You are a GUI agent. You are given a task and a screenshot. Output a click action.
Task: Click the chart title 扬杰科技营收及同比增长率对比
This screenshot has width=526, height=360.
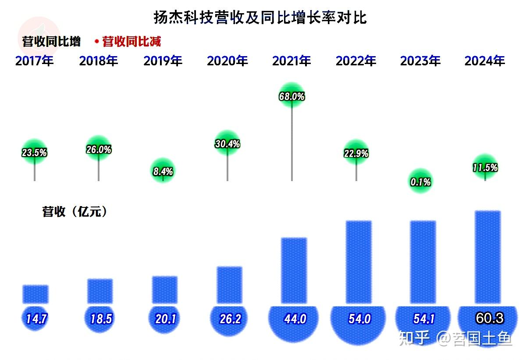(260, 18)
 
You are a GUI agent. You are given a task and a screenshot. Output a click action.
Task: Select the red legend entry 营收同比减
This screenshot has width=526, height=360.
(131, 42)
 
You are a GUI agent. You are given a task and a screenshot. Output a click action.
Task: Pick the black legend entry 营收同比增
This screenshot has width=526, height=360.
(51, 42)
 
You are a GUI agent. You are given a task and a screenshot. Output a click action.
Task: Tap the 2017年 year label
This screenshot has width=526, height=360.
(35, 61)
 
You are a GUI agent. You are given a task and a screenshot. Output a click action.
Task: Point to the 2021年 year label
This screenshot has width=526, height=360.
(291, 61)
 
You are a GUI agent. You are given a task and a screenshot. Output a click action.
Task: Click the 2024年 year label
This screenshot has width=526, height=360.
(485, 61)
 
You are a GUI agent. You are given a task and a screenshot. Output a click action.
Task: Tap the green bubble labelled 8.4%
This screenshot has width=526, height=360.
(163, 171)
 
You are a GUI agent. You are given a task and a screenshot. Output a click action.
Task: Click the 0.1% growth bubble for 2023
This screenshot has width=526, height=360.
(420, 181)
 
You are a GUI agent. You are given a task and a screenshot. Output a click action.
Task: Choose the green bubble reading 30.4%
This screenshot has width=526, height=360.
(227, 143)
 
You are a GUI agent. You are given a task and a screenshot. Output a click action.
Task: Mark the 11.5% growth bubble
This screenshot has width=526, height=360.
(485, 167)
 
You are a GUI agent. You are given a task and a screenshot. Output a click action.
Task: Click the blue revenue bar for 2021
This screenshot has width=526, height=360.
(294, 270)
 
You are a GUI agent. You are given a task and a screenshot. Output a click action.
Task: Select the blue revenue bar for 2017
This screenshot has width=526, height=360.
(36, 294)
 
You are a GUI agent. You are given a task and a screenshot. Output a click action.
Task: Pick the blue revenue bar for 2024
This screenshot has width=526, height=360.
(488, 257)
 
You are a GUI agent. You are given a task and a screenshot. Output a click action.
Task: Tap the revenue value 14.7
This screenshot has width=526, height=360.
(36, 319)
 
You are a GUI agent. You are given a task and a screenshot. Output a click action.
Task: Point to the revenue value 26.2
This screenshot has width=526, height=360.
(230, 319)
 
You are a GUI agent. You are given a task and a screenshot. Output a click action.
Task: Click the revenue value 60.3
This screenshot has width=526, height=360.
(490, 318)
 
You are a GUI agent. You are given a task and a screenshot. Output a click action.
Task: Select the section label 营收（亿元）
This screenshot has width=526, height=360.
(75, 211)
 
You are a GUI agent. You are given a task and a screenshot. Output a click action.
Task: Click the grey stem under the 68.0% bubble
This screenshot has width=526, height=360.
(292, 144)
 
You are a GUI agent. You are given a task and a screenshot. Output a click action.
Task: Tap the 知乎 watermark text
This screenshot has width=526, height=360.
(414, 338)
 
